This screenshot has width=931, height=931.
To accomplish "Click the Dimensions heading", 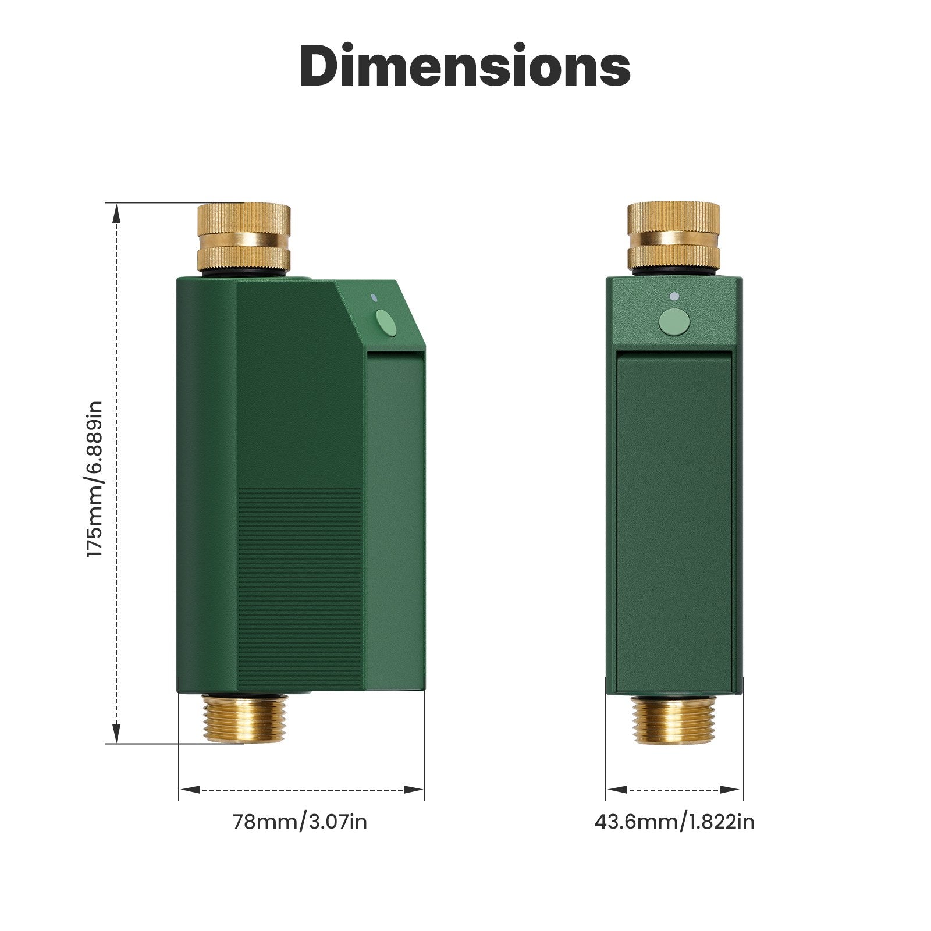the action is click(x=465, y=66).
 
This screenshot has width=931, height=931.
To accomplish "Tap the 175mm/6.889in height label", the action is click(x=94, y=479).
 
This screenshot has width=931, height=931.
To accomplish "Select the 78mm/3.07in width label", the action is click(x=300, y=822).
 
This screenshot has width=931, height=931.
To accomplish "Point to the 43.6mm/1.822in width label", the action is click(x=674, y=822).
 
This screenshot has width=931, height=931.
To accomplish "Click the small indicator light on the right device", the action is click(x=674, y=297).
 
